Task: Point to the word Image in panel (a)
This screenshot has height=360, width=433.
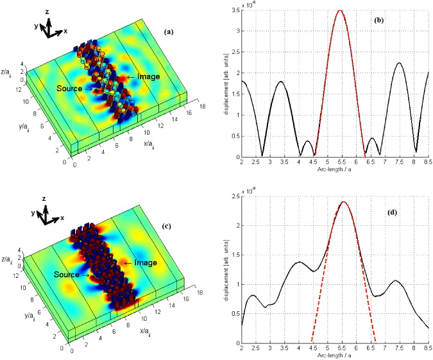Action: click(x=148, y=76)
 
